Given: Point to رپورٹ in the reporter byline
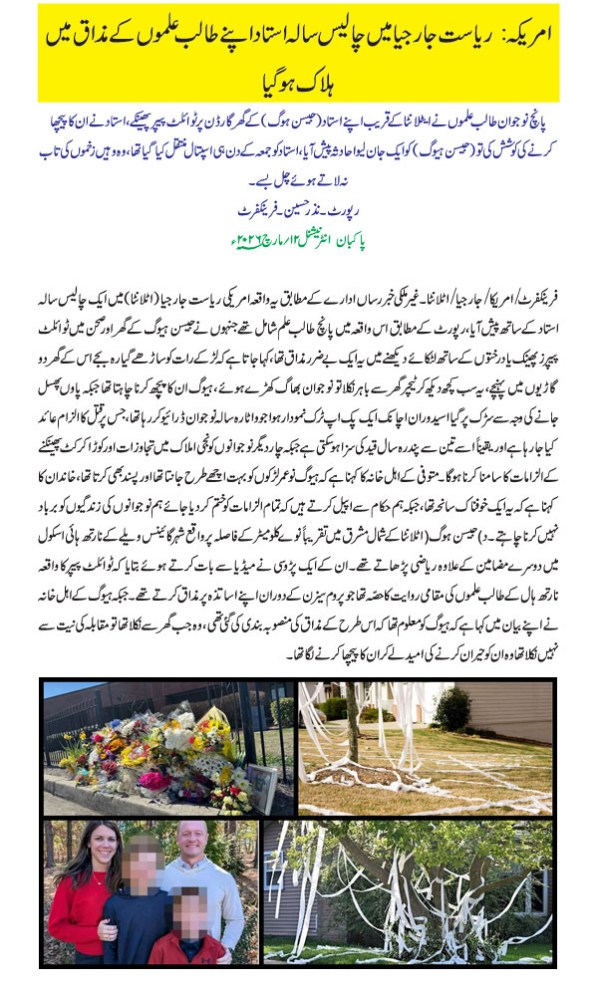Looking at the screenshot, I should tap(353, 210).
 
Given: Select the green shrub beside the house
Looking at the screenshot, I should tap(452, 708).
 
